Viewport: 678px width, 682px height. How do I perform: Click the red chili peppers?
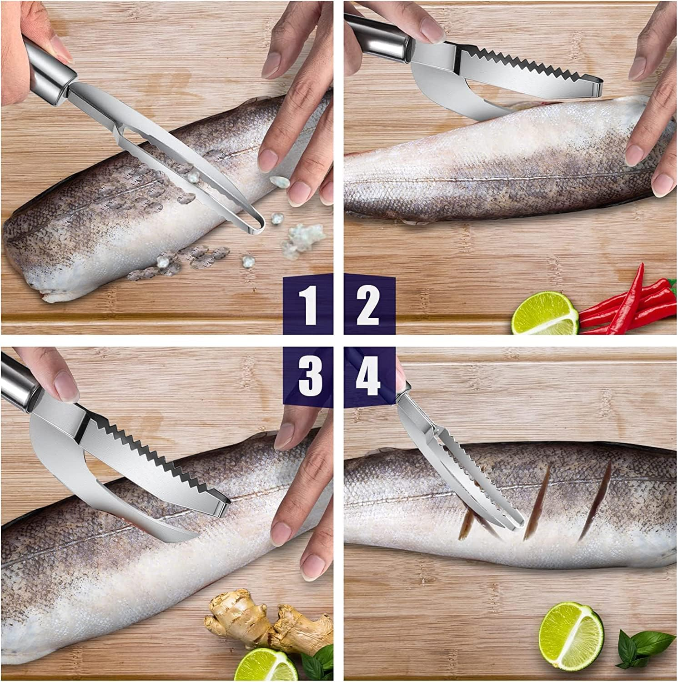628,302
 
